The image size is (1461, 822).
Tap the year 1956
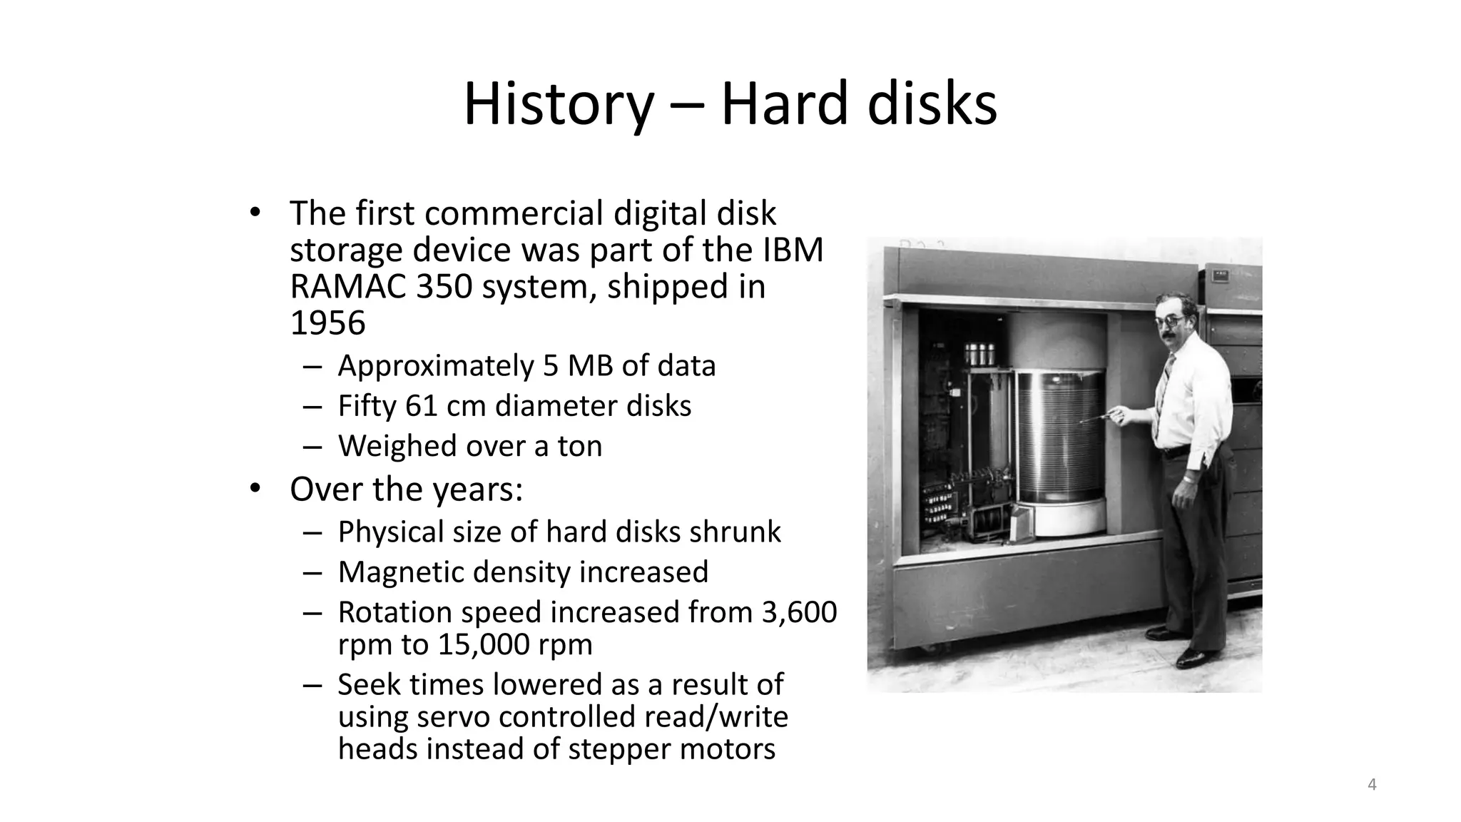click(x=327, y=323)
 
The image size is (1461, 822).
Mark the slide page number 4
click(x=1371, y=785)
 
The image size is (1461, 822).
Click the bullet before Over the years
click(x=255, y=489)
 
